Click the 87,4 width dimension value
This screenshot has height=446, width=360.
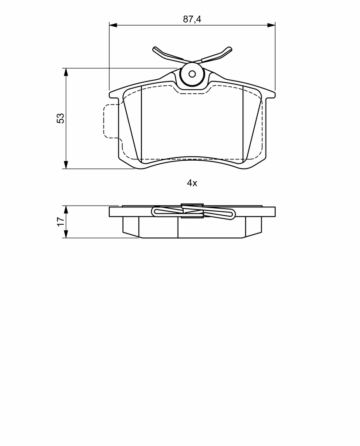click(192, 19)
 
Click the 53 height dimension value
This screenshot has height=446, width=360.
click(61, 118)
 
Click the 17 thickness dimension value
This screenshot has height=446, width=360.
click(61, 222)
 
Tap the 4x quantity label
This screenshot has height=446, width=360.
click(192, 183)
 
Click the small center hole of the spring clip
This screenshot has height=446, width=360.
click(192, 74)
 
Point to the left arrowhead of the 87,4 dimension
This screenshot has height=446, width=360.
click(113, 25)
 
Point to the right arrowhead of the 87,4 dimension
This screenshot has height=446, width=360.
click(271, 25)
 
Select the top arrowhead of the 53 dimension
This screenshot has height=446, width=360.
click(66, 72)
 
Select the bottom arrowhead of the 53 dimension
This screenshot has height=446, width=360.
click(66, 165)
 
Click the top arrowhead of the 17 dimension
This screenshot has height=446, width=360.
click(66, 209)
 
